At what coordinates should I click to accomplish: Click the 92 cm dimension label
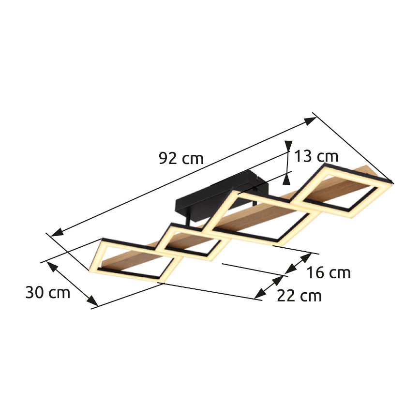181,158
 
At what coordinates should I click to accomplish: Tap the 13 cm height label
315,156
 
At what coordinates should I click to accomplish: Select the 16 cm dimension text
329,272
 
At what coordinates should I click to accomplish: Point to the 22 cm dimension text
300,295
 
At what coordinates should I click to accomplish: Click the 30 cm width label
47,292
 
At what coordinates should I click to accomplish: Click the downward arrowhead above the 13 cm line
288,146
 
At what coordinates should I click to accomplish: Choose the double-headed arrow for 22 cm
269,286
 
